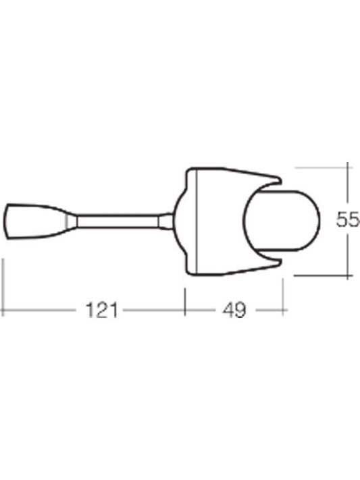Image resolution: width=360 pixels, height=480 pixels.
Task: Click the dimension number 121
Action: pyautogui.click(x=103, y=311)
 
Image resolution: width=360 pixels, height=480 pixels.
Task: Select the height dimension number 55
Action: pyautogui.click(x=348, y=219)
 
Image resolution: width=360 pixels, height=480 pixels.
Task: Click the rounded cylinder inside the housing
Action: pyautogui.click(x=282, y=220)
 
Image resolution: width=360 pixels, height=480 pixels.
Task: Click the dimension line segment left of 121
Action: pyautogui.click(x=41, y=311)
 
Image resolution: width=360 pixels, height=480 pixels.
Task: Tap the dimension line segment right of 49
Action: pyautogui.click(x=267, y=311)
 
